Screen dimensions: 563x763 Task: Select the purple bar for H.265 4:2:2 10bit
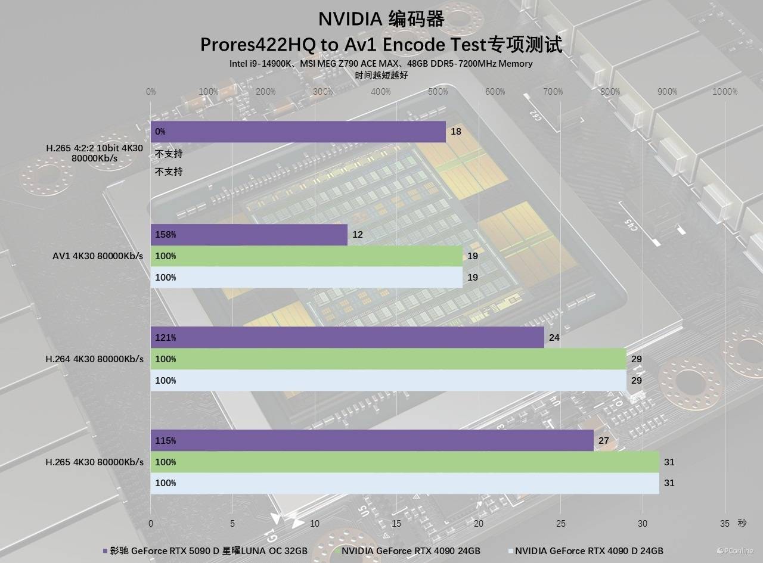pyautogui.click(x=298, y=132)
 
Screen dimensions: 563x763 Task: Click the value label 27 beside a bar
pyautogui.click(x=604, y=441)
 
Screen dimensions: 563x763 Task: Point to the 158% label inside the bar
pyautogui.click(x=165, y=235)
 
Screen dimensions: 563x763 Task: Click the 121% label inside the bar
pyautogui.click(x=165, y=338)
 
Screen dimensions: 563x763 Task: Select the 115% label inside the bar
pyautogui.click(x=165, y=441)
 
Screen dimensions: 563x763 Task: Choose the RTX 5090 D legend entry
pyautogui.click(x=205, y=551)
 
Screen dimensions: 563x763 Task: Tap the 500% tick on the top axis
pyautogui.click(x=438, y=92)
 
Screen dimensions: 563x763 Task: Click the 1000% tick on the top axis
pyautogui.click(x=725, y=92)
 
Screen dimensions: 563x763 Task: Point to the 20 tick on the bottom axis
pyautogui.click(x=479, y=524)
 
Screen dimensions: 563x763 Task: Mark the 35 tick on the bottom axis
pyautogui.click(x=725, y=524)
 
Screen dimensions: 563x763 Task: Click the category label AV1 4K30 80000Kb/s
pyautogui.click(x=98, y=256)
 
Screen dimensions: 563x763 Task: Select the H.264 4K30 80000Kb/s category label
pyautogui.click(x=95, y=359)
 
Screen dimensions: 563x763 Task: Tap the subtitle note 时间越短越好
pyautogui.click(x=381, y=76)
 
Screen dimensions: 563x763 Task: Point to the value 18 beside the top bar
pyautogui.click(x=456, y=132)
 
